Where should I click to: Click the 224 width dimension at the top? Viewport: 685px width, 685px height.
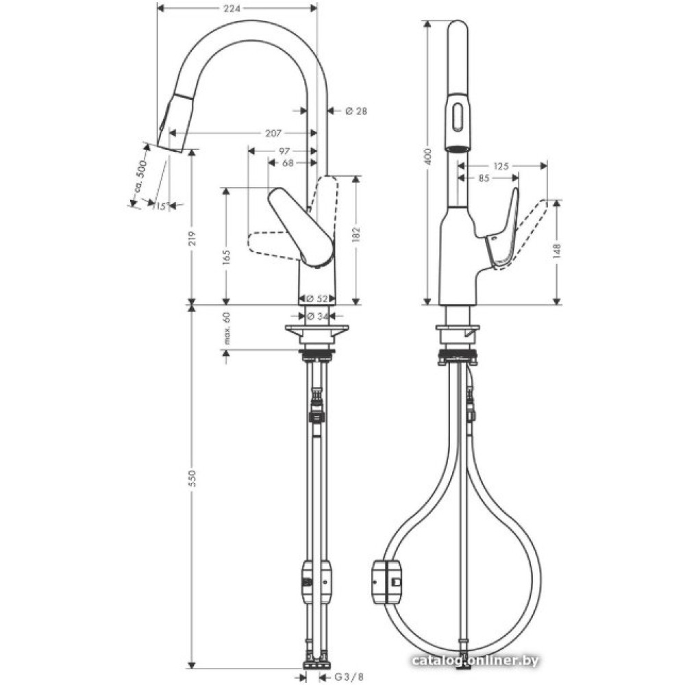coord(232,8)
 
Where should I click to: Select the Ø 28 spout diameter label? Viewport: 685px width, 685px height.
coord(356,111)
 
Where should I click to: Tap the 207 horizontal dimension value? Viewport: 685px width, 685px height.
coord(273,133)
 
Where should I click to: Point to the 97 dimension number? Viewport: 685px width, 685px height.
coord(284,151)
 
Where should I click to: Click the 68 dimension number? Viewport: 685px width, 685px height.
coord(288,163)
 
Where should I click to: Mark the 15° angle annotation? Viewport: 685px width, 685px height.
coord(162,206)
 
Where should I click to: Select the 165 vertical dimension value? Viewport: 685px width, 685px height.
coord(226,258)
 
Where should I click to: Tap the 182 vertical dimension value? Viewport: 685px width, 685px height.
coord(356,234)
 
